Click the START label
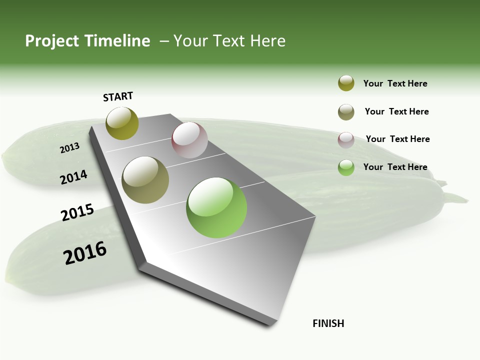118,96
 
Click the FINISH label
328,323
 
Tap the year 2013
70,147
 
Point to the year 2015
77,212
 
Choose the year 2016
85,253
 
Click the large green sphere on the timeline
216,207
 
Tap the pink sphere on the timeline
189,140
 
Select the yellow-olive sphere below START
122,123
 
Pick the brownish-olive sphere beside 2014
145,180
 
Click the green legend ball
346,167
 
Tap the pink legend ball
346,140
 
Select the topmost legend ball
346,83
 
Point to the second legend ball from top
346,112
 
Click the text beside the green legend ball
395,167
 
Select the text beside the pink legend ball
397,139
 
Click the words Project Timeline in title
87,41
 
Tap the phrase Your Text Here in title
229,41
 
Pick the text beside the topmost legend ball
395,83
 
